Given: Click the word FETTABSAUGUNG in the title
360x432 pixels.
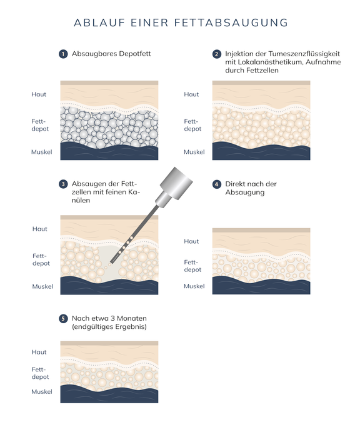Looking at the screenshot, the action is point(231,23).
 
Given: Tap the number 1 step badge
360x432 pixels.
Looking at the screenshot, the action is point(63,54).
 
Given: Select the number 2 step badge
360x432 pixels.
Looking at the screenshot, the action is point(217,54).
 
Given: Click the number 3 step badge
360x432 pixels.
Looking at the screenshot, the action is point(63,184).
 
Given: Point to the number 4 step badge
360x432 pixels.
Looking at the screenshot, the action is point(217,184).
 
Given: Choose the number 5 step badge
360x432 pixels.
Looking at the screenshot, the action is point(63,319).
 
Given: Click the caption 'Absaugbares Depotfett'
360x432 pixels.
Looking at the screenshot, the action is point(111,54).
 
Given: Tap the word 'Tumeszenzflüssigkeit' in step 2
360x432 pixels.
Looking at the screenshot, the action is point(304,54).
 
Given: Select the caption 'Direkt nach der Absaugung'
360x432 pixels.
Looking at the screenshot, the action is point(251,188).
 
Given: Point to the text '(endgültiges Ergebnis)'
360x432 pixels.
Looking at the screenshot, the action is point(109,327).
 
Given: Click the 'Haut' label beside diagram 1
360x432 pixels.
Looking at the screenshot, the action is point(39,94).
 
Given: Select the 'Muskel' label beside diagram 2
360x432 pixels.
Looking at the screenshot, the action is point(194,152).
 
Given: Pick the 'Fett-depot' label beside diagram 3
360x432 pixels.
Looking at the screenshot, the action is point(41,259).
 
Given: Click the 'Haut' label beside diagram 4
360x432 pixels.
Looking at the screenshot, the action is point(191,241).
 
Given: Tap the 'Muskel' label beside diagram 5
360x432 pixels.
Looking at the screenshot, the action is point(42,392).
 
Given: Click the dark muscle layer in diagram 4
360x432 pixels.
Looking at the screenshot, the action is point(261,286).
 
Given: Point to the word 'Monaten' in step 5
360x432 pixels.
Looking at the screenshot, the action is point(132,318).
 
